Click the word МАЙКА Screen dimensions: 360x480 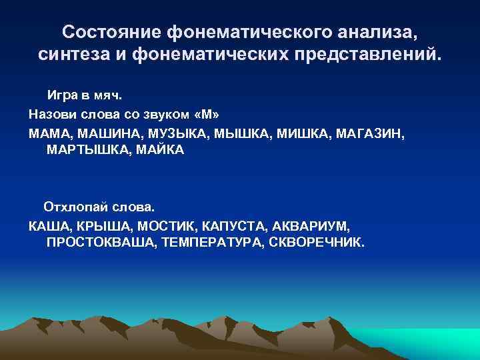(159, 150)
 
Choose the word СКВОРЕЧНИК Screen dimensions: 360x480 (316, 243)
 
